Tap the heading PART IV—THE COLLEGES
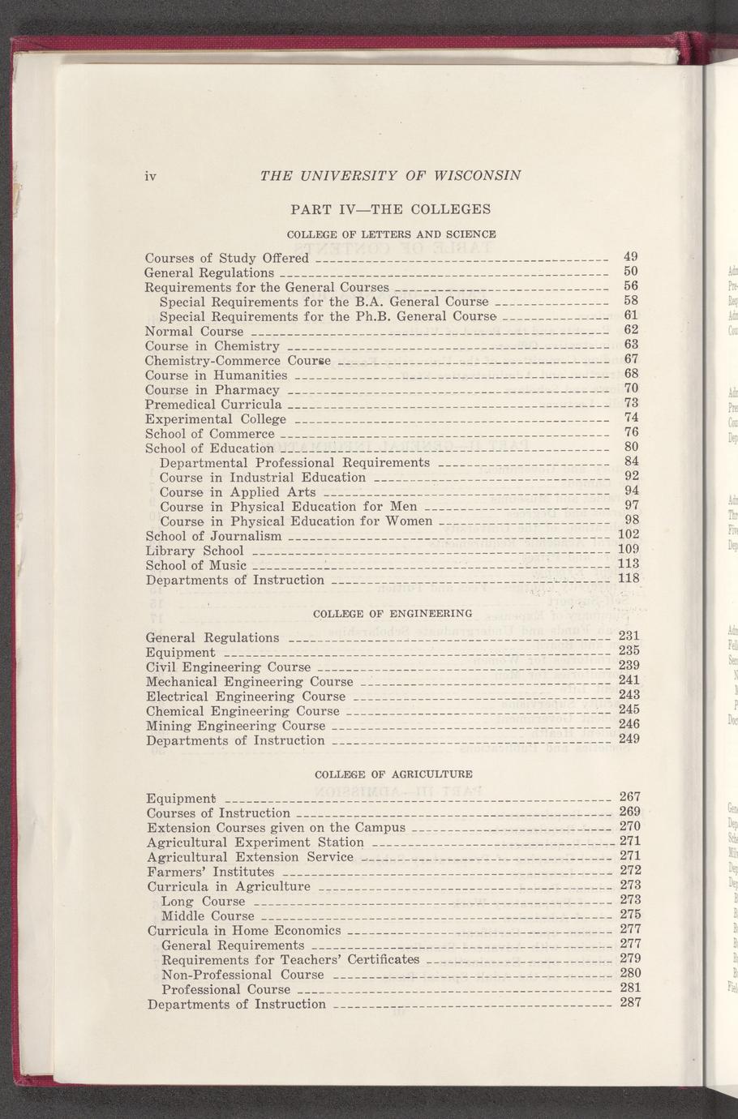390,209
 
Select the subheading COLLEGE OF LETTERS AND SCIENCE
392,234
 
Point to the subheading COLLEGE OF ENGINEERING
393,613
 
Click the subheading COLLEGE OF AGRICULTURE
393,774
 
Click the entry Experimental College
215,419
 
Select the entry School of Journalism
213,536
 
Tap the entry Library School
194,551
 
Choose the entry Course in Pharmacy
212,390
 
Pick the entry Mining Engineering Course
235,726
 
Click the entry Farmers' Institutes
211,872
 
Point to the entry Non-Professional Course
242,975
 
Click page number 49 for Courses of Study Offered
631,257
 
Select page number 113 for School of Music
629,564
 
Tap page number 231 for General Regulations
629,637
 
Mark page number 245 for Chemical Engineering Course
629,710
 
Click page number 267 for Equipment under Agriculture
630,797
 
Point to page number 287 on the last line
630,1002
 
